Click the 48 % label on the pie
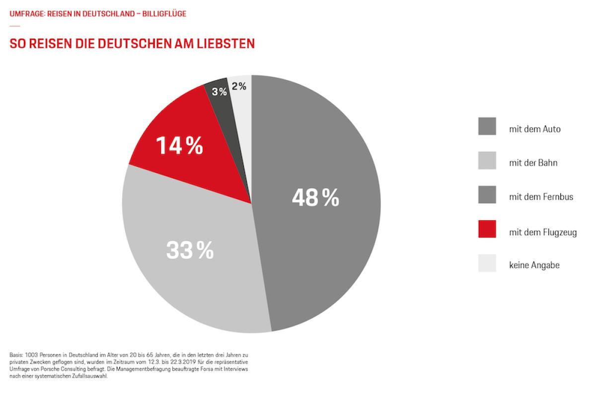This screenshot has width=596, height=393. tap(315, 198)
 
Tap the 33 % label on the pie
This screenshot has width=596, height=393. tap(190, 251)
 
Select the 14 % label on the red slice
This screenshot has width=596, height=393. tap(179, 146)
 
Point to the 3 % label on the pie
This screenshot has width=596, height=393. tap(219, 92)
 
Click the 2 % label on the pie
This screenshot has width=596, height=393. tap(239, 86)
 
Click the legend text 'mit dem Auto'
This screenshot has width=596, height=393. tap(534, 130)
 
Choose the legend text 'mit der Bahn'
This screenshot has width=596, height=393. tap(533, 163)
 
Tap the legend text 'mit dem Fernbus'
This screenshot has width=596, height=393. tap(541, 196)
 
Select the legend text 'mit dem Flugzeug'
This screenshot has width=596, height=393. tap(543, 232)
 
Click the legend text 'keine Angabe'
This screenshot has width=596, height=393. tap(534, 265)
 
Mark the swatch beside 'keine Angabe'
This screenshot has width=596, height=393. tap(487, 263)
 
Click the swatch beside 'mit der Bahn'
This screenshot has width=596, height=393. tap(487, 161)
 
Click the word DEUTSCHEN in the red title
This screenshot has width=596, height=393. tap(125, 44)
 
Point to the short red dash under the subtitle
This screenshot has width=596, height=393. tap(14, 26)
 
